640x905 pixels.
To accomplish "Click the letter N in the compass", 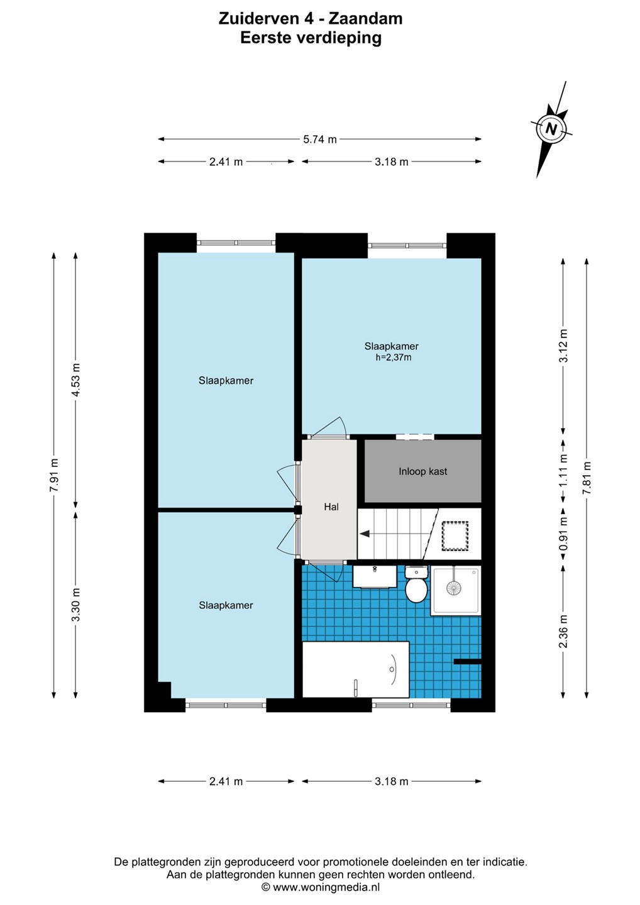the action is pyautogui.click(x=551, y=129).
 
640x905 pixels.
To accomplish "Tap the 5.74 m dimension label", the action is pyautogui.click(x=319, y=140).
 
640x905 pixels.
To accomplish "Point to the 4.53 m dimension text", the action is pyautogui.click(x=76, y=380).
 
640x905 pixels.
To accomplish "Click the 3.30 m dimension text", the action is pyautogui.click(x=76, y=605).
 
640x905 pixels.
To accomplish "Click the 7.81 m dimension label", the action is pyautogui.click(x=587, y=478).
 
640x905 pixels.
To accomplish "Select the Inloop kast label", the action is pyautogui.click(x=422, y=471).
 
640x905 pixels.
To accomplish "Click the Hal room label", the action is pyautogui.click(x=331, y=507).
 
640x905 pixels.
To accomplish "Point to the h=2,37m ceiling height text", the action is pyautogui.click(x=394, y=357).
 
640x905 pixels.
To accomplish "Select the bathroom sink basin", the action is pyautogui.click(x=375, y=576).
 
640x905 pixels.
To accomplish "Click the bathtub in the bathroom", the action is pyautogui.click(x=356, y=669).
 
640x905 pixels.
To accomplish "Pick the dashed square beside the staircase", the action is pyautogui.click(x=455, y=535).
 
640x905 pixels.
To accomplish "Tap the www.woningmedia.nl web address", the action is pyautogui.click(x=326, y=887).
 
